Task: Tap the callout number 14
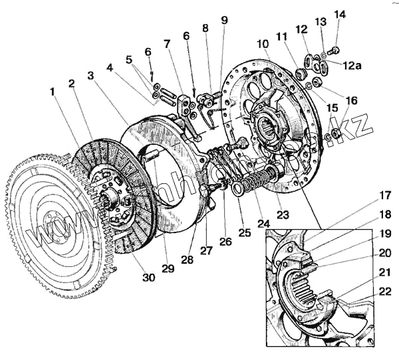(x=340, y=14)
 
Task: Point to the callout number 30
(x=148, y=277)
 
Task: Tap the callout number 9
(x=225, y=21)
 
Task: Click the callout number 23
(x=284, y=215)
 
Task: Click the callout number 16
(x=350, y=100)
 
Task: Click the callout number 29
(x=169, y=268)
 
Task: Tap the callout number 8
(x=205, y=28)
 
